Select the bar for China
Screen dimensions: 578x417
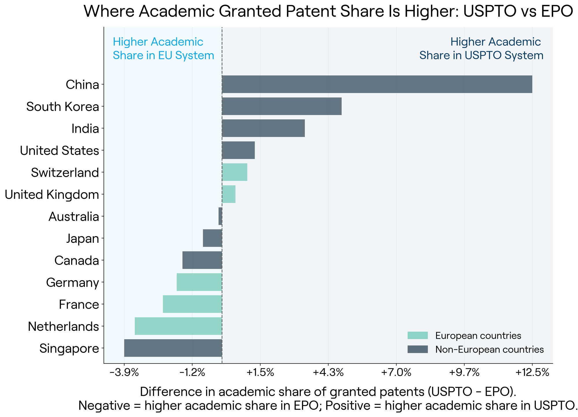(x=377, y=84)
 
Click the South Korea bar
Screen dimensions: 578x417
(x=282, y=106)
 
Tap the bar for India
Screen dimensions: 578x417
(x=263, y=128)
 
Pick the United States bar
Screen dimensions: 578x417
(x=238, y=150)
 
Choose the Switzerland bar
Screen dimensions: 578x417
(x=235, y=172)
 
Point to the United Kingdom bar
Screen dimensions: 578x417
(x=229, y=194)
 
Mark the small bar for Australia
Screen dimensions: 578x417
(x=220, y=216)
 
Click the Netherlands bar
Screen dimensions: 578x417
(x=178, y=326)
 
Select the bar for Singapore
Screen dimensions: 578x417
(x=173, y=348)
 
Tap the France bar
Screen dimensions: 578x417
(x=192, y=304)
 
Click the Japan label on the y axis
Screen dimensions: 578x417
(x=83, y=239)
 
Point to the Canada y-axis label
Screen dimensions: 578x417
(x=77, y=261)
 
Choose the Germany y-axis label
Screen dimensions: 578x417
(x=73, y=283)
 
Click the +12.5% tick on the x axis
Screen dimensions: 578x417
(x=532, y=373)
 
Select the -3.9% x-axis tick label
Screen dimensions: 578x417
(x=124, y=373)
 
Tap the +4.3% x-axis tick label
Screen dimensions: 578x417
(x=328, y=373)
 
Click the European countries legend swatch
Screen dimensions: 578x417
(x=418, y=335)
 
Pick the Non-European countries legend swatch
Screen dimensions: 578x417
(x=418, y=349)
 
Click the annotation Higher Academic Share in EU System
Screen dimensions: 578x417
(x=164, y=49)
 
